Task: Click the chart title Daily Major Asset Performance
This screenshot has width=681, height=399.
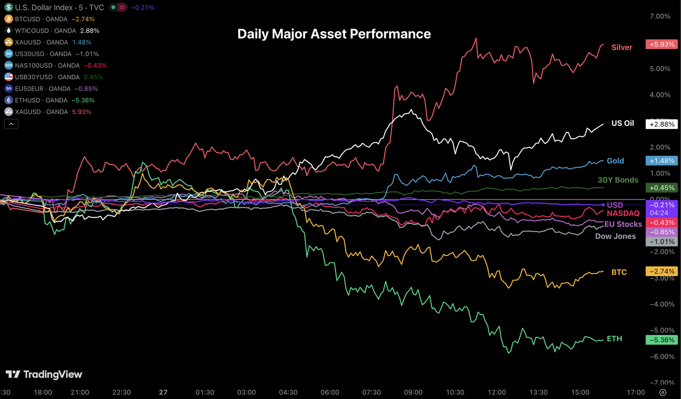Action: point(334,34)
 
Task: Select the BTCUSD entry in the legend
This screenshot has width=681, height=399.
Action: point(49,19)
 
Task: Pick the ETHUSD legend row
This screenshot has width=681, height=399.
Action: point(49,100)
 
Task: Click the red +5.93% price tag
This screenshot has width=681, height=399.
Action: point(661,44)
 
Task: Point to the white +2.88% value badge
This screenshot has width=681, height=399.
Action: point(661,124)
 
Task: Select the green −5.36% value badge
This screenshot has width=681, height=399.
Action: point(661,340)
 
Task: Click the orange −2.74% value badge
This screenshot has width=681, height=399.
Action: point(661,271)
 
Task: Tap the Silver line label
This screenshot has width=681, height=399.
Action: point(622,47)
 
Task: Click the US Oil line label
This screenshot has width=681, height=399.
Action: point(623,124)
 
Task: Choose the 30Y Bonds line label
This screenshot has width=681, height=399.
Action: point(618,180)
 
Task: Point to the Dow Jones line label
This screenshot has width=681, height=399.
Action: point(615,236)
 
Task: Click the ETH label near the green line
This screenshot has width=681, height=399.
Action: point(614,339)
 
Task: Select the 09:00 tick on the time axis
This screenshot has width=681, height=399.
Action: point(413,392)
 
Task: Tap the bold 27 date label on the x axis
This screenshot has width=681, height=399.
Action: point(163,392)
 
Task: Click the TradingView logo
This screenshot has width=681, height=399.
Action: point(44,374)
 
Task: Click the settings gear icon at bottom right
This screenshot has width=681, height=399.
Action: point(663,392)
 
